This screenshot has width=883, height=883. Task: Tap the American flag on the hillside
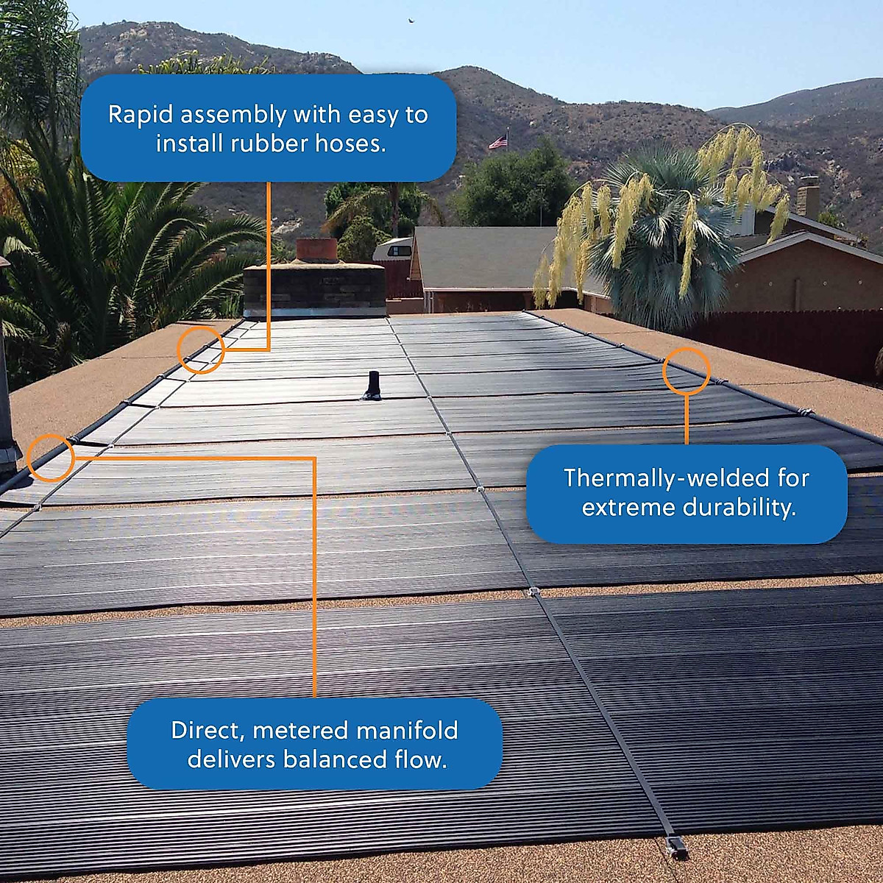(499, 141)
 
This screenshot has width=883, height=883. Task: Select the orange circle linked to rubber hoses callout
(200, 350)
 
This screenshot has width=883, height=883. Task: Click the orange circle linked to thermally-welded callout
(686, 370)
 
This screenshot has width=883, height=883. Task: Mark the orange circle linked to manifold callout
(51, 458)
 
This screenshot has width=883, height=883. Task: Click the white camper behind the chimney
(391, 249)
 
